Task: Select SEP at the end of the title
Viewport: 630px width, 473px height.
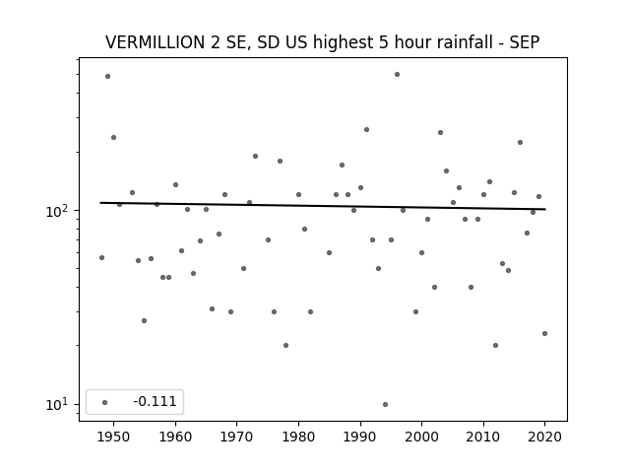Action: [x=525, y=42]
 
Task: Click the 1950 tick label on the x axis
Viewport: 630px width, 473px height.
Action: [x=114, y=437]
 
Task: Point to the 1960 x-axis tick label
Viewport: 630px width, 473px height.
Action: [x=175, y=437]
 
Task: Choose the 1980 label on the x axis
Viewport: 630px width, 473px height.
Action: [x=298, y=437]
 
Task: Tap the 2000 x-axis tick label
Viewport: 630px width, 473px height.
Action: [x=422, y=437]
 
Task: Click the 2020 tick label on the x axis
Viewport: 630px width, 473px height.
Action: [x=544, y=437]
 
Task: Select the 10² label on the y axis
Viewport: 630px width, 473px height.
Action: [x=59, y=211]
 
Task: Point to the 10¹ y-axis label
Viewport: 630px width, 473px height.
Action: [x=59, y=405]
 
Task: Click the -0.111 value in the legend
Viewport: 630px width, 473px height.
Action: [x=155, y=401]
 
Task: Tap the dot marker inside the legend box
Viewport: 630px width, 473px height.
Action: [x=105, y=402]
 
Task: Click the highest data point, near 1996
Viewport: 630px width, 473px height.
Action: [x=397, y=75]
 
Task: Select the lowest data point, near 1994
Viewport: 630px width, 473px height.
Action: [x=385, y=405]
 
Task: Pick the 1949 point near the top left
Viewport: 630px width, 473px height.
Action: [x=107, y=77]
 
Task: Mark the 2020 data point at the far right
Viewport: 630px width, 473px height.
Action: [x=544, y=333]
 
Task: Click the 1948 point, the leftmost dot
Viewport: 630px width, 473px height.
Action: [x=101, y=258]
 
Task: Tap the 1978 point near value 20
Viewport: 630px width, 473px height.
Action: [x=286, y=346]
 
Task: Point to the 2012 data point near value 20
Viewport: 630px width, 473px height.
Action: [x=495, y=346]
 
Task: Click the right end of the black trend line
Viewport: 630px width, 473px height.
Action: [x=545, y=209]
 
